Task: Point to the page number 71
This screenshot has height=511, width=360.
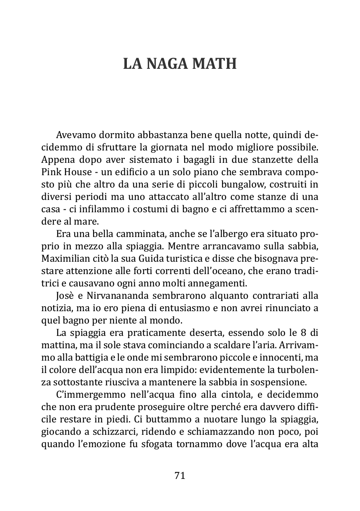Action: (x=180, y=476)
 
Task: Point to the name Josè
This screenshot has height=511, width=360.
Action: (x=63, y=295)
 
